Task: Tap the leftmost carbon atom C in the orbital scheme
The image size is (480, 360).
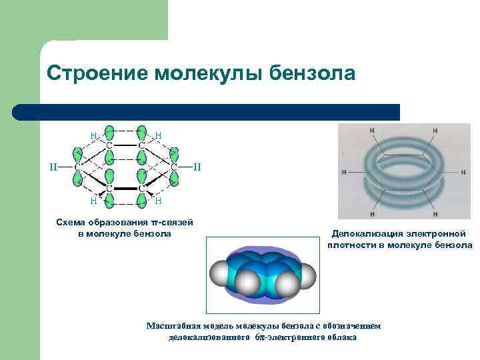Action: (x=77, y=166)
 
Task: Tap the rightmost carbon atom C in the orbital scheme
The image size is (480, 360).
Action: (x=173, y=166)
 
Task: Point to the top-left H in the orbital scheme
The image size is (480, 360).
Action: (x=93, y=135)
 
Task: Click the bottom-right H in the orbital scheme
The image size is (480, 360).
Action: (x=158, y=199)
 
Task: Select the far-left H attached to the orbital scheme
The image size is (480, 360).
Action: (x=53, y=166)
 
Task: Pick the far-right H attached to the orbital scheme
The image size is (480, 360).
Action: (x=197, y=166)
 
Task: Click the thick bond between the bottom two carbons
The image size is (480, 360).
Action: (x=125, y=189)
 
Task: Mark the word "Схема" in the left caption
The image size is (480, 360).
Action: (x=71, y=222)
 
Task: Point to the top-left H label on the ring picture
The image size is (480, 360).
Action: (x=371, y=131)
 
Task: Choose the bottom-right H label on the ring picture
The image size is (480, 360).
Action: (x=435, y=215)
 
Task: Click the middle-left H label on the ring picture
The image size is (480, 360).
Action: (x=344, y=172)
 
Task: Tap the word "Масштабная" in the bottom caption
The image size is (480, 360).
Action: (x=171, y=326)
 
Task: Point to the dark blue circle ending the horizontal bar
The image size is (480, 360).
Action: (x=20, y=112)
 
